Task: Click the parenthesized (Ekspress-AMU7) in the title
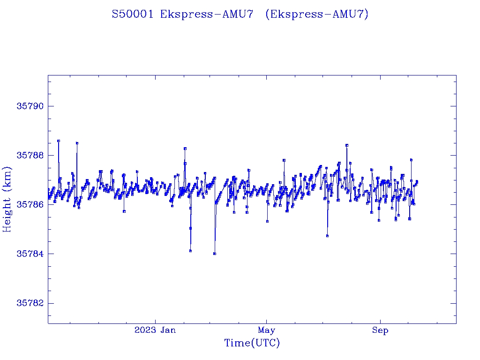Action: click(317, 14)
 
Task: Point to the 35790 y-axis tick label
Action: click(30, 106)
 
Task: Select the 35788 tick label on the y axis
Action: click(30, 155)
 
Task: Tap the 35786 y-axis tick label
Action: click(30, 204)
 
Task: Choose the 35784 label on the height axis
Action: click(30, 254)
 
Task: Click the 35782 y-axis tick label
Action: click(30, 303)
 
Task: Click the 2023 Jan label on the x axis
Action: click(155, 330)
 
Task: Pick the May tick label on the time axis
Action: click(266, 330)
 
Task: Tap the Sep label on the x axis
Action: click(380, 330)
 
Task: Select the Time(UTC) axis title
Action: click(252, 344)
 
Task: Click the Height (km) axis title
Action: click(7, 199)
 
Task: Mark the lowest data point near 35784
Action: click(214, 254)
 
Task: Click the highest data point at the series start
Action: click(59, 141)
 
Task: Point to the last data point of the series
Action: click(417, 181)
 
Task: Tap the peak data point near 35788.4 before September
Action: click(346, 145)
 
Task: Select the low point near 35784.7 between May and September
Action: click(327, 236)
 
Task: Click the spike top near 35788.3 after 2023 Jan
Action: click(185, 148)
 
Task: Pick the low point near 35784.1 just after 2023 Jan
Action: click(190, 251)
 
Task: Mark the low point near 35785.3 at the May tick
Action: click(267, 221)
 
